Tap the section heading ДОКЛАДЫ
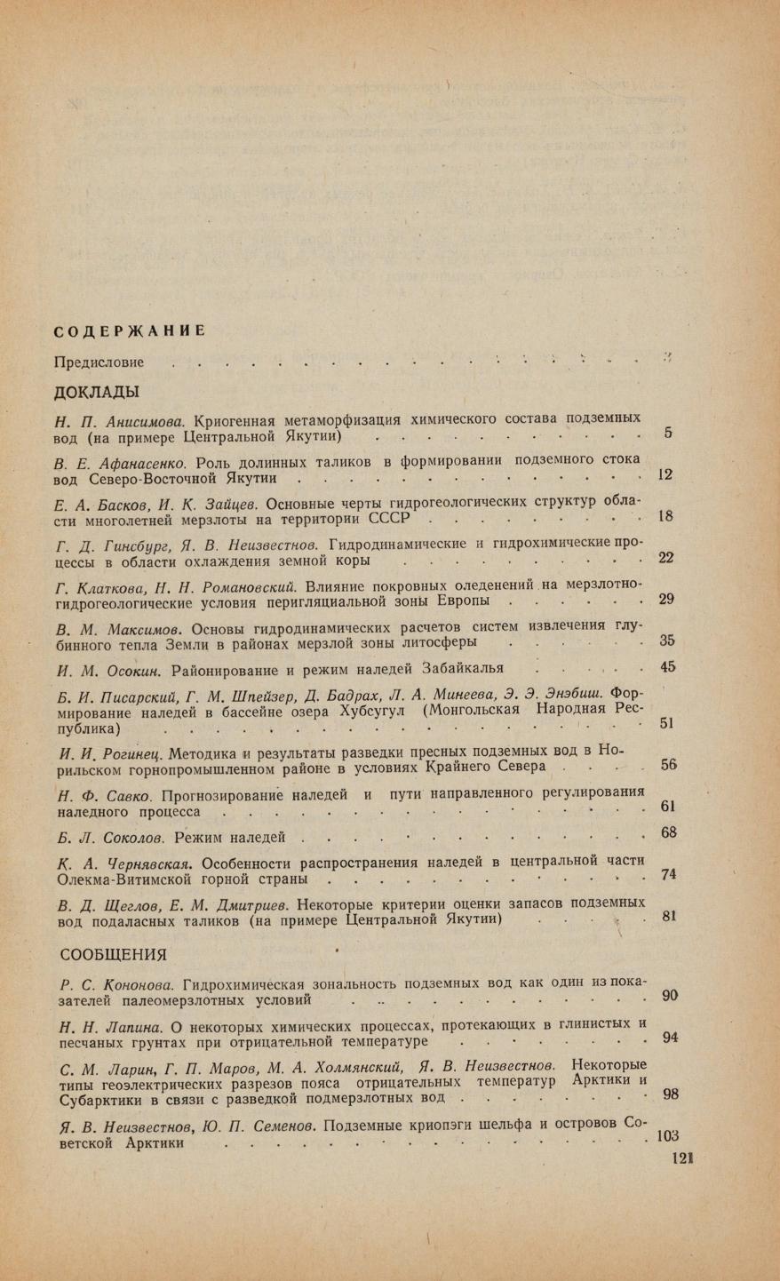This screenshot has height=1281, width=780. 97,392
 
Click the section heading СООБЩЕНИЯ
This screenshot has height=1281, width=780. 113,955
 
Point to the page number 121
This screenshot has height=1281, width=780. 682,1159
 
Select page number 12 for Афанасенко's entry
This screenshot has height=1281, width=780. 665,474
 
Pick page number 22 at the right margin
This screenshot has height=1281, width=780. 665,558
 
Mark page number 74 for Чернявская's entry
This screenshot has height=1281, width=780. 668,874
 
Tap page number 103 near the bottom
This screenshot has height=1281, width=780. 666,1135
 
